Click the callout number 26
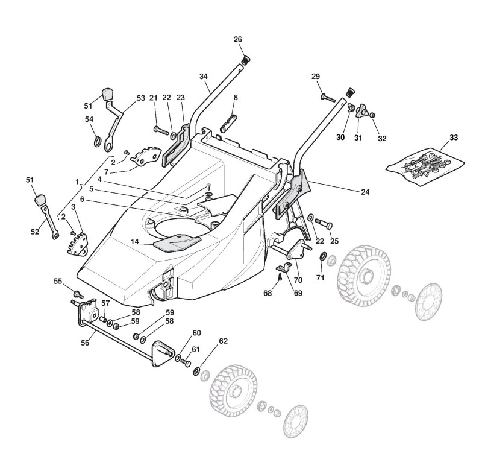tap(237, 39)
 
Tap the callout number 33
tap(454, 138)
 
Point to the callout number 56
tap(85, 342)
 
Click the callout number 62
tap(224, 341)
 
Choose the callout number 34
tap(204, 76)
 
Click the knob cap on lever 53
tap(108, 94)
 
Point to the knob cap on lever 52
tap(40, 199)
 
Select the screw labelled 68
tap(280, 278)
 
